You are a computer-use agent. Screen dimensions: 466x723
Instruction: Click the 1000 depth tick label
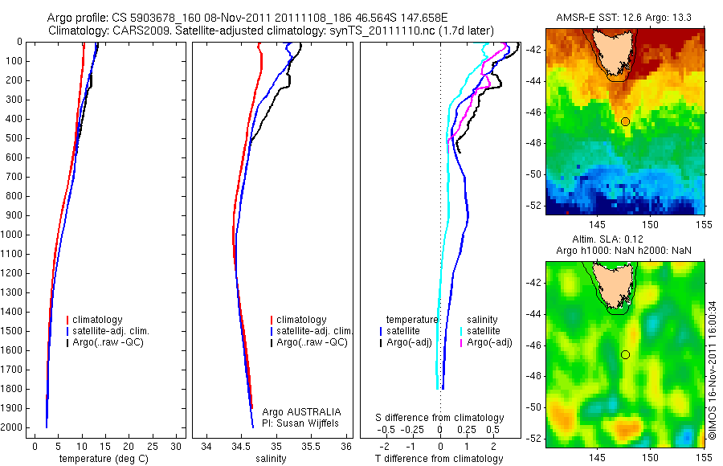coord(14,235)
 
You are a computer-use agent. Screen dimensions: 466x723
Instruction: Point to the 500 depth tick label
coord(16,138)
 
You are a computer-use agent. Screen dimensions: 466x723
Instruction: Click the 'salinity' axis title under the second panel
coord(271,459)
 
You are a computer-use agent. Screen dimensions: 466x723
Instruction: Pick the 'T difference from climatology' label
coord(439,459)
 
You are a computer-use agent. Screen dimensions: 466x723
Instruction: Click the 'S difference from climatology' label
coord(440,418)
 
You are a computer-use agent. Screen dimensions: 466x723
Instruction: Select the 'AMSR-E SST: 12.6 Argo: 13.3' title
coord(625,18)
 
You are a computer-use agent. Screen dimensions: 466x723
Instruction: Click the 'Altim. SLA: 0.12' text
coord(625,241)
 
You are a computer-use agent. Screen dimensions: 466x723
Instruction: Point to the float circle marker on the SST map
coord(625,121)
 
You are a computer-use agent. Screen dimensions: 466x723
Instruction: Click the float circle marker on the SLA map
coord(625,354)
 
